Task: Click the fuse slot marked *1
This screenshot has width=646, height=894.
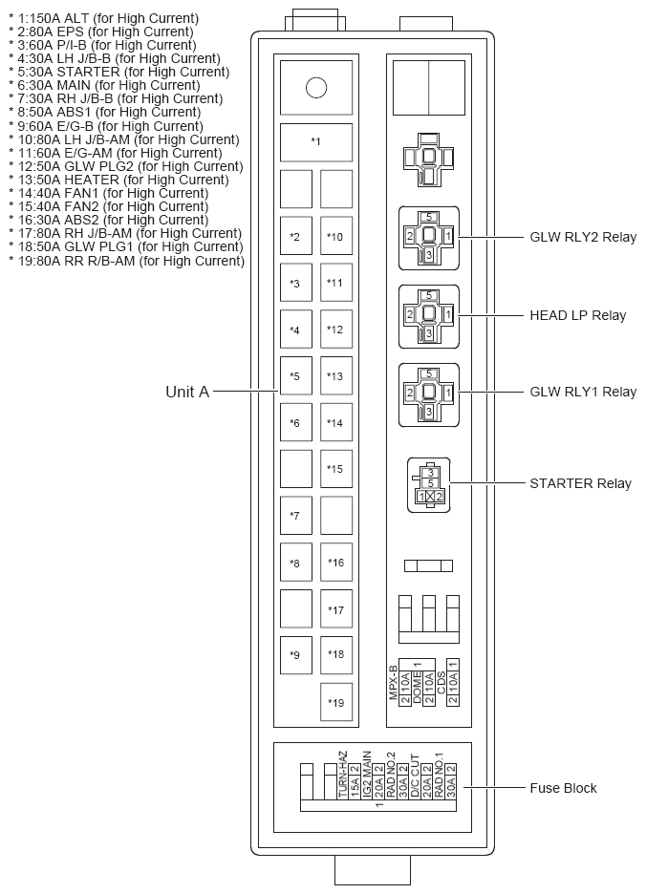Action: pyautogui.click(x=315, y=142)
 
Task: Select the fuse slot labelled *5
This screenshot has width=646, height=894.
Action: pyautogui.click(x=295, y=376)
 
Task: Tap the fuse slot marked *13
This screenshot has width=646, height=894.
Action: pyautogui.click(x=335, y=376)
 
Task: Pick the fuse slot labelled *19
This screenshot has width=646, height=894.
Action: pyautogui.click(x=335, y=703)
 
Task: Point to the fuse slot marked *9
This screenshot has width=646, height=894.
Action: pyautogui.click(x=295, y=655)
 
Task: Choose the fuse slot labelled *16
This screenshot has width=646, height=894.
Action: pyautogui.click(x=335, y=563)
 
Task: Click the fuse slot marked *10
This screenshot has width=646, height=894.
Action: pyautogui.click(x=335, y=237)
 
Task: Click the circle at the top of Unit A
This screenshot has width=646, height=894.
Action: pyautogui.click(x=316, y=89)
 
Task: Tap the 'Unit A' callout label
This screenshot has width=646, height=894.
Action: pyautogui.click(x=186, y=392)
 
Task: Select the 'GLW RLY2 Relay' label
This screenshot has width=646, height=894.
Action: pyautogui.click(x=582, y=238)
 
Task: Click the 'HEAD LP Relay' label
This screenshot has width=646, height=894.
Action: pyautogui.click(x=577, y=315)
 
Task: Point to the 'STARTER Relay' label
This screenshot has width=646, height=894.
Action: pyautogui.click(x=580, y=483)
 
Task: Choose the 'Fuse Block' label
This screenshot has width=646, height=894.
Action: pyautogui.click(x=563, y=788)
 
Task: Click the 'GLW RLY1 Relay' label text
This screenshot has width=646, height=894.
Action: pyautogui.click(x=582, y=392)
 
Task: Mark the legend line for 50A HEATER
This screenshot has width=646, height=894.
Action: pyautogui.click(x=118, y=180)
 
